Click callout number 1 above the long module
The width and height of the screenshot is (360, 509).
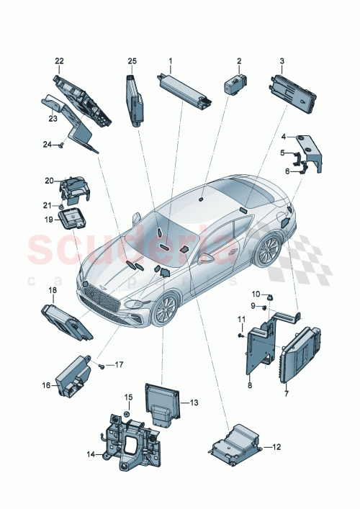tap(170, 60)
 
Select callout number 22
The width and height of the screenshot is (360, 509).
tap(59, 60)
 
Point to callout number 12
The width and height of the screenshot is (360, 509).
tap(276, 448)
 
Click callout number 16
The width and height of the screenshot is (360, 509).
tap(45, 386)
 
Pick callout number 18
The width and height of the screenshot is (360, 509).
tap(51, 290)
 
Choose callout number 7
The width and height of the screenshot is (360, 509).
tap(286, 395)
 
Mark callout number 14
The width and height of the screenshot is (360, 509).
tap(91, 454)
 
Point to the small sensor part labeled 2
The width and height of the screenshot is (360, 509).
tap(235, 85)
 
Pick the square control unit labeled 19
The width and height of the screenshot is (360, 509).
tap(73, 219)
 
